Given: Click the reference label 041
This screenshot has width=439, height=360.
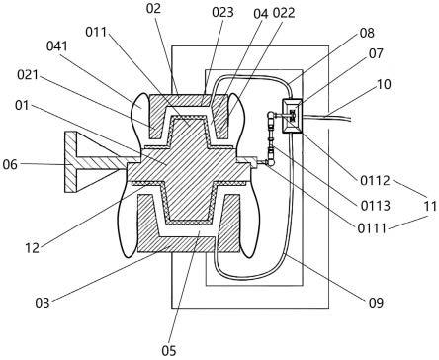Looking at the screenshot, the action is coord(57,46).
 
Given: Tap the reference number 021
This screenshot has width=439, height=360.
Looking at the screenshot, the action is coord(28,75).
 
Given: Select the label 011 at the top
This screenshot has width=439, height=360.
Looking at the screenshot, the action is coord(96,32).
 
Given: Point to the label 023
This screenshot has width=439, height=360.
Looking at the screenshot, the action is coord(222,12).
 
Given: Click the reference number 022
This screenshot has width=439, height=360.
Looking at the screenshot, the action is coord(284,13).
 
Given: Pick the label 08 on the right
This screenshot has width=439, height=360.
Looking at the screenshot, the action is coord(367,33).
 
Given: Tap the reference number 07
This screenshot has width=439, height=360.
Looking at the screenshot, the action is coord(376,53).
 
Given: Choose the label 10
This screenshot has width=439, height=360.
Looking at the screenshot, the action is coord(384,84).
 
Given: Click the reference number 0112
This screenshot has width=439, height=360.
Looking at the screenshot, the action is coord(375,181).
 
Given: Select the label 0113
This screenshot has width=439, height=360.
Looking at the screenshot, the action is coord(376,206).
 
